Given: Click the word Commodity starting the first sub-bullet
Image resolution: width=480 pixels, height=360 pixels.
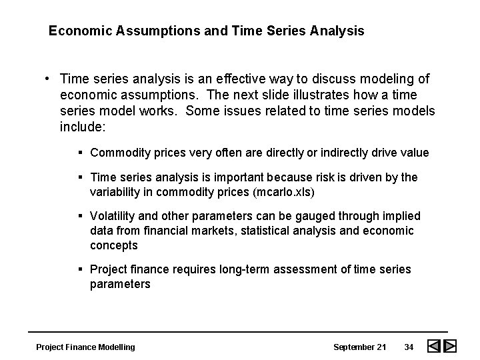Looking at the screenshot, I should click(117, 153).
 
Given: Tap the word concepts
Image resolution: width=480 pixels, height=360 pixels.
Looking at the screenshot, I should click(114, 245).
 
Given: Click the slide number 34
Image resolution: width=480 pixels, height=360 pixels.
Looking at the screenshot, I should click(410, 347).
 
